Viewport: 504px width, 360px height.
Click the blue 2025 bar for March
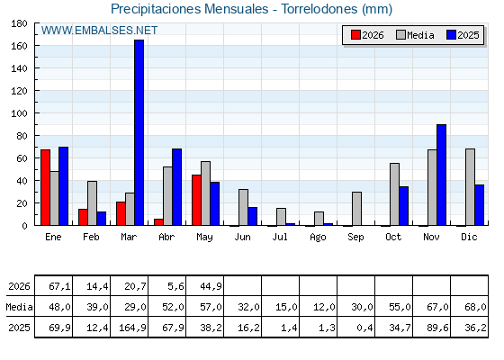point(139,132)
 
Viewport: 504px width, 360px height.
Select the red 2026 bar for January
point(45,187)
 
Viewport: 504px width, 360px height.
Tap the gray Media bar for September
point(356,209)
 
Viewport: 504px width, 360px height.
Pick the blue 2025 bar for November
point(441,175)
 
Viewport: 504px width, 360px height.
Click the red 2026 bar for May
point(196,200)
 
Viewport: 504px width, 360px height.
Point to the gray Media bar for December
point(470,187)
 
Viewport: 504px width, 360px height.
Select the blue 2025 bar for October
point(404,206)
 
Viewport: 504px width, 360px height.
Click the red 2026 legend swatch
point(355,35)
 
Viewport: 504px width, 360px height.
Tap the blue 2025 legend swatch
point(451,35)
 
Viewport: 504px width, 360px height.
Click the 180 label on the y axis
point(19,23)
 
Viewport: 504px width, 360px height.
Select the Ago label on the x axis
point(318,238)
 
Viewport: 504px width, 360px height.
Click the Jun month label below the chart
point(242,237)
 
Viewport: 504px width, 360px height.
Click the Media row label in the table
point(19,307)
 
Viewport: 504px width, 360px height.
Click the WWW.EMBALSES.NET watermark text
point(99,31)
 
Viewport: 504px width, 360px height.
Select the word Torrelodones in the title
point(319,9)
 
